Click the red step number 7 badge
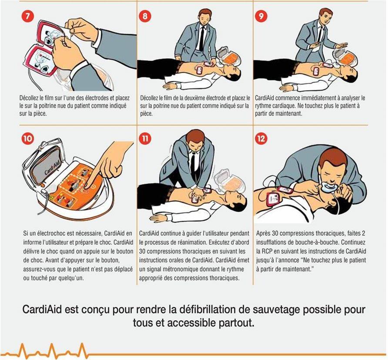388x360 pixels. [28, 17]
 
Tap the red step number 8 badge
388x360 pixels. [145, 17]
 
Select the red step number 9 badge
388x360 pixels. [261, 17]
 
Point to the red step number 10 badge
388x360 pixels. [28, 138]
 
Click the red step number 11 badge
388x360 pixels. [145, 138]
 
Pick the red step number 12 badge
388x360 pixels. [261, 138]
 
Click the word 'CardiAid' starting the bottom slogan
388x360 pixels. [42, 310]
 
